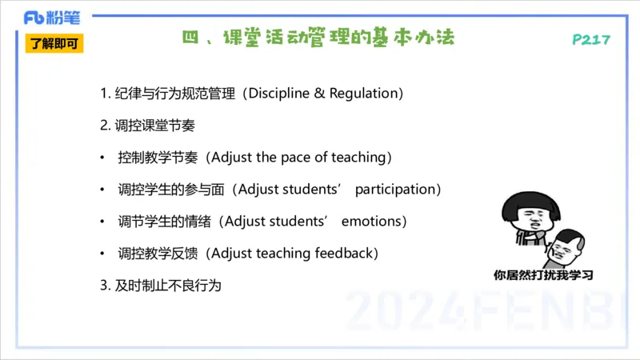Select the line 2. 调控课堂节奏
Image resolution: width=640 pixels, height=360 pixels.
click(x=148, y=126)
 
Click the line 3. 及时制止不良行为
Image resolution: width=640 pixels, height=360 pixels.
click(x=160, y=285)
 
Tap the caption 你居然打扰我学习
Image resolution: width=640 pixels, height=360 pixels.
click(x=544, y=276)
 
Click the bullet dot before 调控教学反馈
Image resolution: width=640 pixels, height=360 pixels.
click(x=102, y=254)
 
